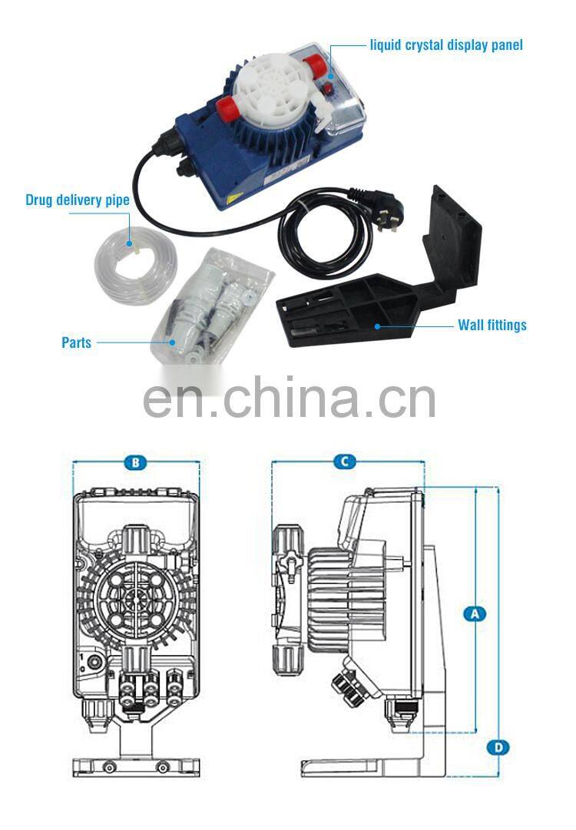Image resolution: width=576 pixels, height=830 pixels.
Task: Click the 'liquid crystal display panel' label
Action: [446, 45]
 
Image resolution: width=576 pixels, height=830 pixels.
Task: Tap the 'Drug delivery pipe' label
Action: [77, 200]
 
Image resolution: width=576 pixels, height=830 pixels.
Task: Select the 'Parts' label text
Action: [76, 342]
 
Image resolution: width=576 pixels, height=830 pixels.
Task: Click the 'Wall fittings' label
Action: [492, 325]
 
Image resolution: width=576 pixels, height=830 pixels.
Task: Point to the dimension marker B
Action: [135, 462]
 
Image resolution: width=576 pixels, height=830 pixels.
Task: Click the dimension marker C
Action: [345, 461]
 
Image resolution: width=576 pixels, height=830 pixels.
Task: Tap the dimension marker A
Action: [475, 613]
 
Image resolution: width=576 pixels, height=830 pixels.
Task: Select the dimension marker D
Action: [498, 746]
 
